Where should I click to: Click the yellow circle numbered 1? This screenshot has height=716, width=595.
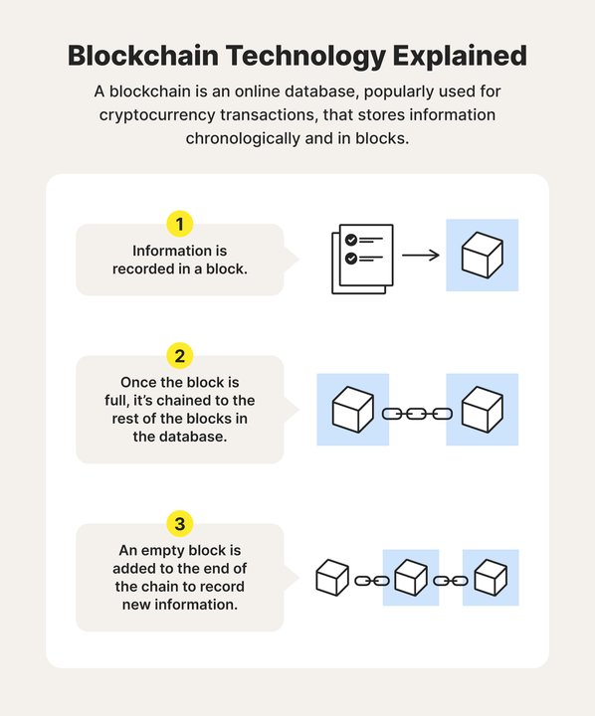click(180, 224)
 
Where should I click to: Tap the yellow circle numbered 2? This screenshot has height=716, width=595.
click(180, 356)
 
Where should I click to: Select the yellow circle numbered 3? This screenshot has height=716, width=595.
click(180, 523)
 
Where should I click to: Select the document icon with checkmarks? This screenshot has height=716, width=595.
click(361, 258)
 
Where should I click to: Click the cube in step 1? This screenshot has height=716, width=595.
click(482, 256)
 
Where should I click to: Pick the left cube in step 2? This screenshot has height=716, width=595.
click(351, 410)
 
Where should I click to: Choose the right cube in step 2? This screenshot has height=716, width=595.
click(483, 410)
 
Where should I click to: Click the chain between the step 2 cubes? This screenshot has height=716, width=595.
click(417, 412)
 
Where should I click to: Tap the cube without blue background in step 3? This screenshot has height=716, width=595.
click(332, 578)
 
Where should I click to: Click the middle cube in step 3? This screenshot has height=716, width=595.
click(411, 578)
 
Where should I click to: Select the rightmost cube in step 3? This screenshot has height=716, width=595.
click(491, 578)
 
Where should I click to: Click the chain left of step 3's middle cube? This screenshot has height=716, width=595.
click(372, 580)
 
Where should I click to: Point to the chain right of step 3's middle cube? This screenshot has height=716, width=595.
click(451, 580)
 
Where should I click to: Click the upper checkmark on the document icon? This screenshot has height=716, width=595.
click(350, 240)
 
